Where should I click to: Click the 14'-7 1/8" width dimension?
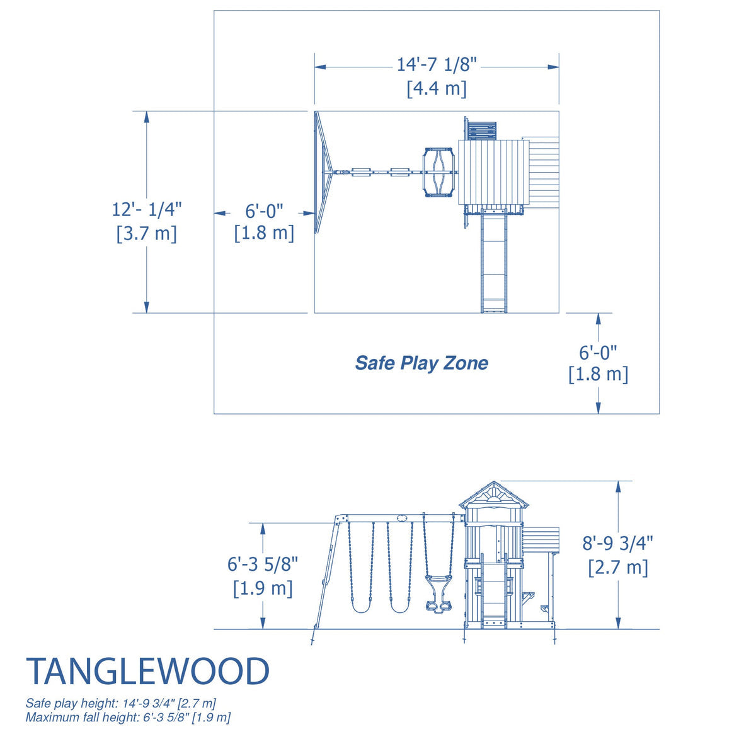(437, 65)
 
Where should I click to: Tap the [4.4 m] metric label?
(437, 88)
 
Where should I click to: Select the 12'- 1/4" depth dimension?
(147, 209)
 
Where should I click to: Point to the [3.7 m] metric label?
(147, 233)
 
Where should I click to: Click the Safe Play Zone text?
(421, 363)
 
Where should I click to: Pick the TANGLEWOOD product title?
(147, 672)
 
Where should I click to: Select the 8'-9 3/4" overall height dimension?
(617, 542)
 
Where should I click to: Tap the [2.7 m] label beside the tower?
(617, 567)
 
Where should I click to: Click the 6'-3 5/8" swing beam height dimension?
(263, 564)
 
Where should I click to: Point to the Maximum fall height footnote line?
(128, 717)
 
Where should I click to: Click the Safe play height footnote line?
(121, 703)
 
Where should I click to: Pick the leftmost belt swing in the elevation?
(361, 567)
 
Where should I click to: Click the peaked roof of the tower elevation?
(494, 495)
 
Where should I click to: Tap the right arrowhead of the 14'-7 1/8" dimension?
(554, 67)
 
